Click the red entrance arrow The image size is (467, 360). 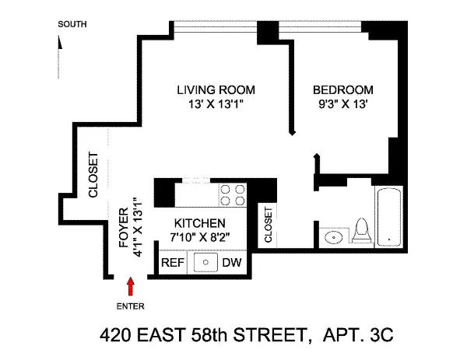pyautogui.click(x=130, y=288)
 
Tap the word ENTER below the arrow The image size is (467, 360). pyautogui.click(x=130, y=306)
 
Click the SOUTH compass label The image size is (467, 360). pyautogui.click(x=72, y=24)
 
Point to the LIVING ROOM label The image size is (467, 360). pyautogui.click(x=215, y=89)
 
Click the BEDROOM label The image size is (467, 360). pyautogui.click(x=342, y=89)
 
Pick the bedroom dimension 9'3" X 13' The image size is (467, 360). pyautogui.click(x=342, y=103)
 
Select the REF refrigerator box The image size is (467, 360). pyautogui.click(x=173, y=263)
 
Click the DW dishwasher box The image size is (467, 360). pyautogui.click(x=232, y=263)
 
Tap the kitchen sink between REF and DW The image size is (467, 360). pyautogui.click(x=204, y=263)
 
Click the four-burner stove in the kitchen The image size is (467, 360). pyautogui.click(x=230, y=194)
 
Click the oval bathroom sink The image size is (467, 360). pyautogui.click(x=335, y=237)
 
